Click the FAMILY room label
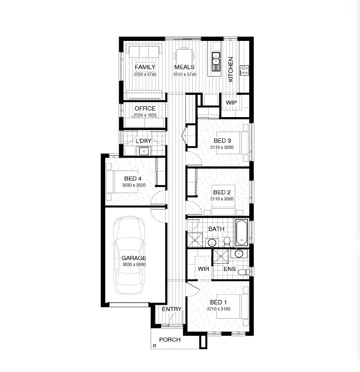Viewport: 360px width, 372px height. click(145, 67)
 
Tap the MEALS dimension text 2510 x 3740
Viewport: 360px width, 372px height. click(185, 75)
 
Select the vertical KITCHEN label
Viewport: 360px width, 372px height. click(231, 69)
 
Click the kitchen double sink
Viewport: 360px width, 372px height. click(216, 62)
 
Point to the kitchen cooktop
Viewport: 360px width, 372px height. click(244, 70)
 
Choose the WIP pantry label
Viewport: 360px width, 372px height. click(231, 103)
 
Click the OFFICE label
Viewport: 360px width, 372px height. click(145, 108)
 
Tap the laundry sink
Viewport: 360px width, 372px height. click(143, 151)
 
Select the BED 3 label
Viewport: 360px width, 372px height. click(222, 141)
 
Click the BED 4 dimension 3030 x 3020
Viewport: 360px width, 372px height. click(134, 185)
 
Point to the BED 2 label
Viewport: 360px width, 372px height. click(222, 192)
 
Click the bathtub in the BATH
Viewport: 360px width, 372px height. click(242, 233)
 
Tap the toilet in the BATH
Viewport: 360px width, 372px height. click(227, 241)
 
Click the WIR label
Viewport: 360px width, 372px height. click(204, 269)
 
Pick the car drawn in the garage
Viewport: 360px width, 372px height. click(129, 255)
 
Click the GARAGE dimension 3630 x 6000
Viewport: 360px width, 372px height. click(134, 265)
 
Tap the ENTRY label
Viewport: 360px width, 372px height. click(171, 309)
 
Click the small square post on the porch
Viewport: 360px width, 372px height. click(155, 346)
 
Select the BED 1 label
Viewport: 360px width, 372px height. click(218, 302)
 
